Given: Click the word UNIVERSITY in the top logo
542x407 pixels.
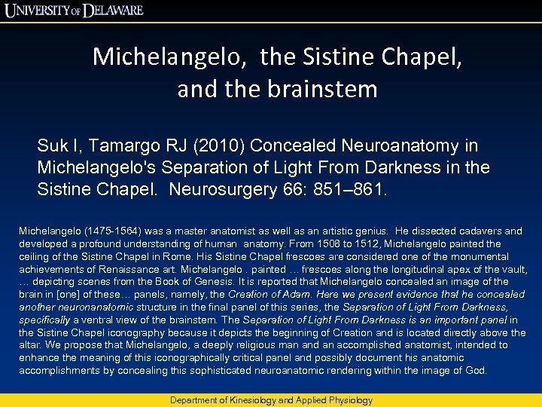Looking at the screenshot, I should [x=39, y=11].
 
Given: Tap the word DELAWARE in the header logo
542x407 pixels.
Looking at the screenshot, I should [x=124, y=11].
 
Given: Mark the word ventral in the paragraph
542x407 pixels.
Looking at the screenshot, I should [x=91, y=320].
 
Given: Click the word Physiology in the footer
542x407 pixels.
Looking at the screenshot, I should [x=349, y=400].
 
